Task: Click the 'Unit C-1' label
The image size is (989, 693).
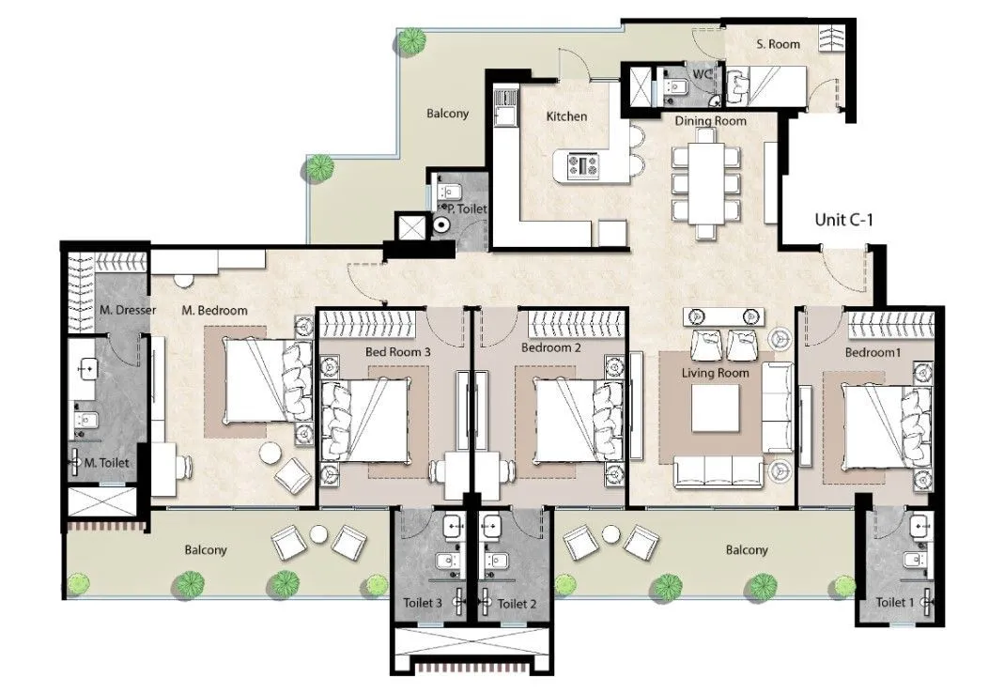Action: pyautogui.click(x=842, y=221)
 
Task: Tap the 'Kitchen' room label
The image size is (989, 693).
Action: pyautogui.click(x=566, y=116)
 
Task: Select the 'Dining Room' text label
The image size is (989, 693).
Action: pyautogui.click(x=710, y=121)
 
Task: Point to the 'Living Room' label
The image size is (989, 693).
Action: pyautogui.click(x=715, y=373)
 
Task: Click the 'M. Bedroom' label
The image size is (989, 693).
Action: pyautogui.click(x=214, y=311)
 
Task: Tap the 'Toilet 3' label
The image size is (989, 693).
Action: pyautogui.click(x=422, y=603)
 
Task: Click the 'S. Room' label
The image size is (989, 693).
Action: pyautogui.click(x=778, y=44)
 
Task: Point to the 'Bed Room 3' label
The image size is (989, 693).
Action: pyautogui.click(x=397, y=350)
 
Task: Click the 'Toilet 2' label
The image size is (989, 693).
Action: pyautogui.click(x=517, y=603)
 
